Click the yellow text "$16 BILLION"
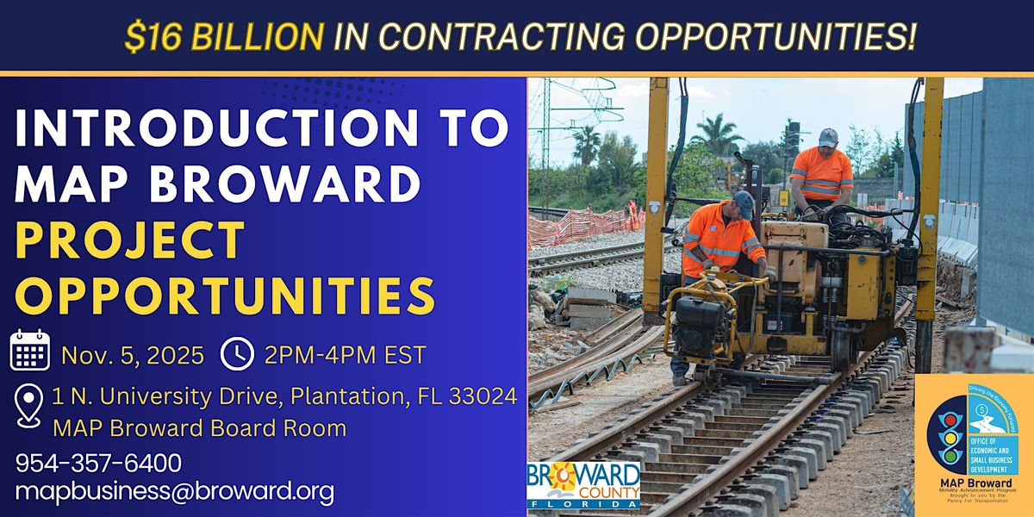[223, 36]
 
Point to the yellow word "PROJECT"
[130, 240]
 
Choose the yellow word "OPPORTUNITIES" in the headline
[225, 295]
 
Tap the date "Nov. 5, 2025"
[133, 353]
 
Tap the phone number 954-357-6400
[98, 463]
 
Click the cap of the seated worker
[828, 137]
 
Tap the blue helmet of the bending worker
[744, 203]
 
